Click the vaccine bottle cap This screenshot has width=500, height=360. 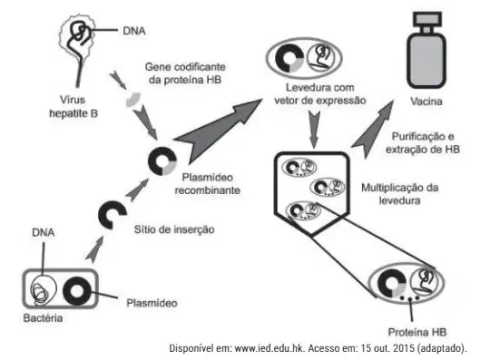click(427, 19)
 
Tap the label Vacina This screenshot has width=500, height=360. click(426, 102)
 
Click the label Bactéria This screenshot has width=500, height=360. click(43, 318)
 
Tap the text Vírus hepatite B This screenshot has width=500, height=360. click(74, 106)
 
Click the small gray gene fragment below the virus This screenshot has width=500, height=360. click(133, 100)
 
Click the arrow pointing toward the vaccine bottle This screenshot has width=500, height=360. click(371, 130)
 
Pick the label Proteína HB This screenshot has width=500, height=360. click(417, 332)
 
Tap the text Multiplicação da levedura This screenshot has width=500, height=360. click(399, 194)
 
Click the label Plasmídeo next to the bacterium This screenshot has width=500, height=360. click(152, 303)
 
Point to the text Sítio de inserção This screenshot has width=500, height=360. click(174, 229)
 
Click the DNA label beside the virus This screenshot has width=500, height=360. click(134, 31)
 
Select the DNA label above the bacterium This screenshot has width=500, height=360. click(44, 232)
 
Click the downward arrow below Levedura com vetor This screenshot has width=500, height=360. click(314, 129)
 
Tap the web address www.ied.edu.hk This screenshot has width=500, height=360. click(270, 348)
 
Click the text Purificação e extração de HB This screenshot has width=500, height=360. click(423, 142)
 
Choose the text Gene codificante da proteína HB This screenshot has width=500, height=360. click(185, 73)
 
